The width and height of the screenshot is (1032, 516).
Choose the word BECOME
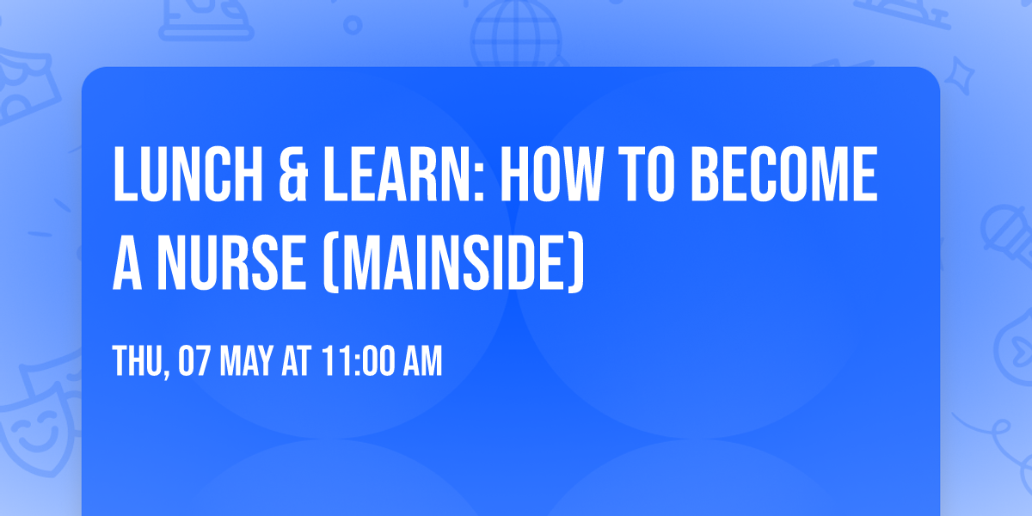click(786, 176)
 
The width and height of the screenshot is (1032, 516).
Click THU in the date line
click(138, 362)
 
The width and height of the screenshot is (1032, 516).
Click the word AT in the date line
click(297, 362)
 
